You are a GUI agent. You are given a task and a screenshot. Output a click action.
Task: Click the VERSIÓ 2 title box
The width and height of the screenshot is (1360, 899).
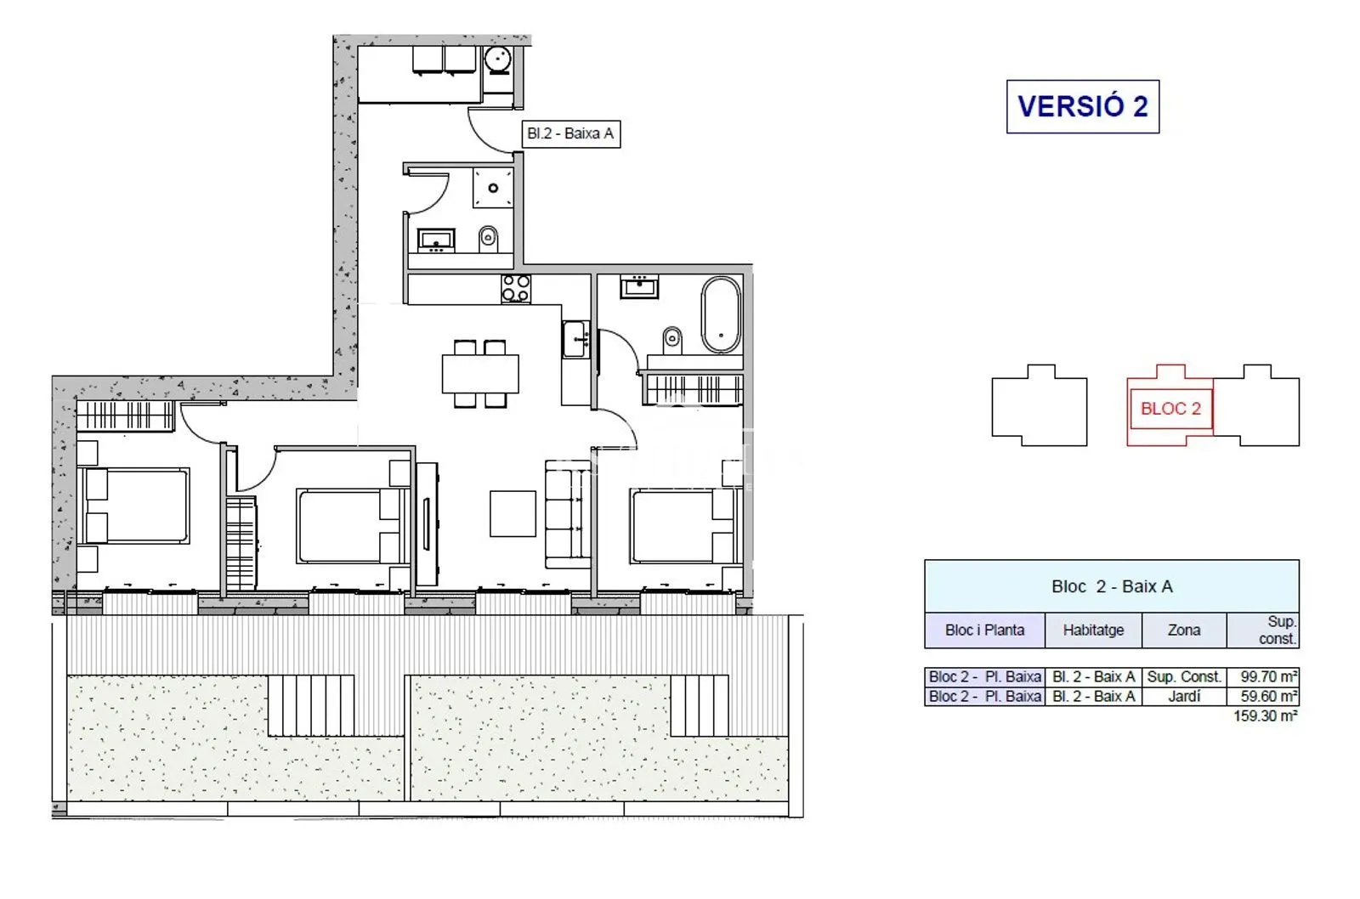[1083, 106]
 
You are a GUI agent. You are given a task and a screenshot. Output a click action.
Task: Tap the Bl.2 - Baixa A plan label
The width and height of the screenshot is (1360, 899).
[570, 133]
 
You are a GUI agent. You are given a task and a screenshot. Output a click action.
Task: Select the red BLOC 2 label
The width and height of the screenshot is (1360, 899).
[1170, 409]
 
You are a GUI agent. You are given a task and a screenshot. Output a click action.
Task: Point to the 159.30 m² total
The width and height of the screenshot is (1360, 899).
[1266, 715]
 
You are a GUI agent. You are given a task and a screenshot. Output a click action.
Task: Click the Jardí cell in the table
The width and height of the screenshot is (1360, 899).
[1184, 696]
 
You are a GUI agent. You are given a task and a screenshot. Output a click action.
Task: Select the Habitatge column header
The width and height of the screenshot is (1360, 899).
[1093, 630]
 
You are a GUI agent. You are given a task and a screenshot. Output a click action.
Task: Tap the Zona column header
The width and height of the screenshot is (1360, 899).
[1184, 630]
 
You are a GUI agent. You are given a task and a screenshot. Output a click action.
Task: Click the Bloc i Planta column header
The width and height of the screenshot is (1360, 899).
[985, 630]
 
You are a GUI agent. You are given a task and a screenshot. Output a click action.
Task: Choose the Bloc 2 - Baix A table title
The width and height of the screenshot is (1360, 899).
[1112, 586]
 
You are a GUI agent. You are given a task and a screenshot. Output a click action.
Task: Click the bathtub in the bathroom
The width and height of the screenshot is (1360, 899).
[722, 315]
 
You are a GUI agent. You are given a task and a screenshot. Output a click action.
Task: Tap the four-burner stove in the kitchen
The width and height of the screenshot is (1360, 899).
[516, 289]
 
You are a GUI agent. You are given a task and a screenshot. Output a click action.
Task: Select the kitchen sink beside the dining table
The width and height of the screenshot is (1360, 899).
[575, 339]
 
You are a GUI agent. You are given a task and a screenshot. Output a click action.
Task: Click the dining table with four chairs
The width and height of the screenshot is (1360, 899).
[480, 374]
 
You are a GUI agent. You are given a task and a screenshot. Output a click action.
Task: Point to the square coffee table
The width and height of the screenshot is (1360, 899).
[513, 513]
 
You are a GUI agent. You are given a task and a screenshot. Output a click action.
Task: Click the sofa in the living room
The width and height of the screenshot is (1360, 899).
[568, 514]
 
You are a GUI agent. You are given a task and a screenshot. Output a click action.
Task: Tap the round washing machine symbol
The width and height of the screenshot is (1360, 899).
[498, 60]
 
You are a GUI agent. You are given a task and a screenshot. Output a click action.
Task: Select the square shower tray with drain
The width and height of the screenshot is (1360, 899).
[493, 188]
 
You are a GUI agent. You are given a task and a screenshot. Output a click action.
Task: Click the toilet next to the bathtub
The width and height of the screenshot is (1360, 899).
[672, 339]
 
